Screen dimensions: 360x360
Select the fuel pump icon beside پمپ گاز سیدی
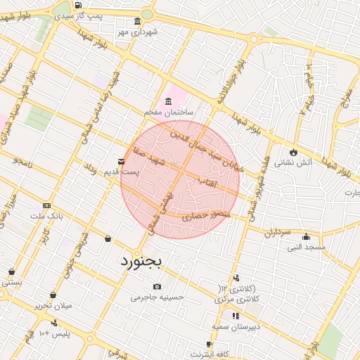tap(77, 6)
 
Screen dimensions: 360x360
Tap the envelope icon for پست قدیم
tap(122, 162)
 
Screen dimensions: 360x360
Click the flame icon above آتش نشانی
tap(293, 152)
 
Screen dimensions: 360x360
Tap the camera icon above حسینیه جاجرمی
tap(156, 286)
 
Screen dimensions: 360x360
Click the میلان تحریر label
tap(53, 306)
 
